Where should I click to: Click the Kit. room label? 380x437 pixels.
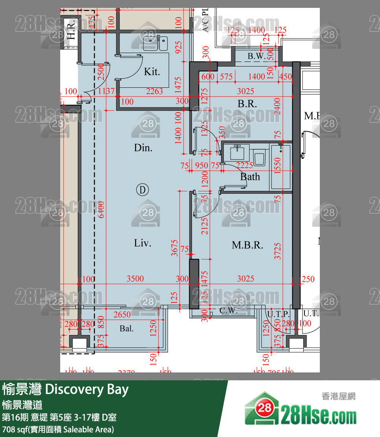(x=152, y=72)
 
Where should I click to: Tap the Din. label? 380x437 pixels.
(x=143, y=148)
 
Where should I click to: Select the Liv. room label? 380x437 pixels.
(x=142, y=243)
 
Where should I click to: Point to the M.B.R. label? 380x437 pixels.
(x=247, y=245)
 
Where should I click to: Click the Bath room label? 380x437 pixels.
(x=250, y=177)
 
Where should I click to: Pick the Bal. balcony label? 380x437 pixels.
(x=126, y=328)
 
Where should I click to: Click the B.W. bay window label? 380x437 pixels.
(x=256, y=56)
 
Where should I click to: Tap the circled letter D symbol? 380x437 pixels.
(x=142, y=190)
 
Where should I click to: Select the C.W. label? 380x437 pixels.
(x=229, y=311)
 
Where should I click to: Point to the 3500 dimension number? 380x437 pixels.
(x=135, y=279)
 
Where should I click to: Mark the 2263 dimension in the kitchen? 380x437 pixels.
(x=154, y=91)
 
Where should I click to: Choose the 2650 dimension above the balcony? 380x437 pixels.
(x=122, y=315)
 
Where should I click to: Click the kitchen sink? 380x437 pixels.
(x=155, y=43)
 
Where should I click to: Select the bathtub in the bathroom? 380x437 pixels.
(x=280, y=167)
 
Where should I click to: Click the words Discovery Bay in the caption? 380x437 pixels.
(x=87, y=389)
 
